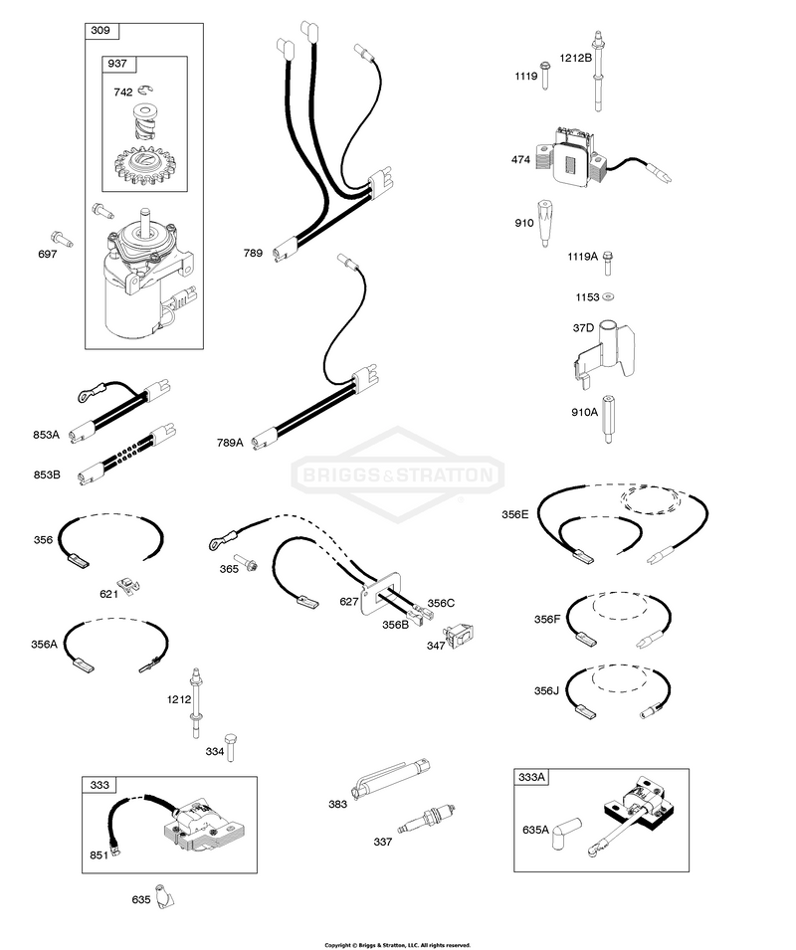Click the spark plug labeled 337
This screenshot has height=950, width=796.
pyautogui.click(x=426, y=819)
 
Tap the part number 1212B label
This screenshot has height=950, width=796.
pyautogui.click(x=575, y=58)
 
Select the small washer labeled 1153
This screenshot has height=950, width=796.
pyautogui.click(x=608, y=296)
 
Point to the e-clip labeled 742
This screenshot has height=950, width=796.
pyautogui.click(x=144, y=91)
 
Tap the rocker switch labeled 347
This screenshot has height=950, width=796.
pyautogui.click(x=461, y=635)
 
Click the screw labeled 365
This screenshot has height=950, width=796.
pyautogui.click(x=248, y=563)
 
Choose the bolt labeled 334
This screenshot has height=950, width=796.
pyautogui.click(x=230, y=747)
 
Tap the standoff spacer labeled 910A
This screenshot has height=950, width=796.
pyautogui.click(x=608, y=419)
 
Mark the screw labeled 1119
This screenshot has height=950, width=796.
pyautogui.click(x=544, y=76)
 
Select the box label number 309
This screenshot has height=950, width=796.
pyautogui.click(x=100, y=30)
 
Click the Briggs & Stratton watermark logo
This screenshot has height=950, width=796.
pyautogui.click(x=397, y=475)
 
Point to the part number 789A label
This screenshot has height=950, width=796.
pyautogui.click(x=230, y=443)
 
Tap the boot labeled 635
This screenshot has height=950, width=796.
pyautogui.click(x=163, y=896)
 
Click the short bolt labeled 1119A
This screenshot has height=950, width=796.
pyautogui.click(x=608, y=263)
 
